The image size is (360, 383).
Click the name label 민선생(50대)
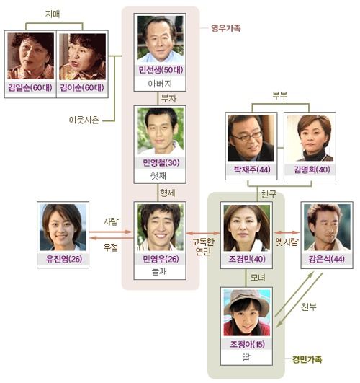point(161,70)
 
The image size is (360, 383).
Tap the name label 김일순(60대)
point(30,87)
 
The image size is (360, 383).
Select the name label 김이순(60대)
point(82,87)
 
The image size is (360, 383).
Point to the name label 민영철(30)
point(161,162)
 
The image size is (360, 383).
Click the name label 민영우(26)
point(161,259)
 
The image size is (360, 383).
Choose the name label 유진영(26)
point(64,259)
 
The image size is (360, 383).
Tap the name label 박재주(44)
point(252,170)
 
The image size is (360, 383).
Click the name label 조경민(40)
point(246,259)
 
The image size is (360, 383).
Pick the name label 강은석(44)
point(327,259)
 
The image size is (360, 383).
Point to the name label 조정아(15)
point(247,344)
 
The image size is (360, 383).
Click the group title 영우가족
point(226,28)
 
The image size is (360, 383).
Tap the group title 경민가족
point(307,359)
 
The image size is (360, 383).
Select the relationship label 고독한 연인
point(203,247)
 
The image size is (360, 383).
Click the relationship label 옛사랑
point(287,242)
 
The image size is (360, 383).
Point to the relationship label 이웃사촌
point(84,120)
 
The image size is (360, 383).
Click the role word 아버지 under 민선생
point(160,84)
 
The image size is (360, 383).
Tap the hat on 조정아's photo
point(246,301)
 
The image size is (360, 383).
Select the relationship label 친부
point(309,307)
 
